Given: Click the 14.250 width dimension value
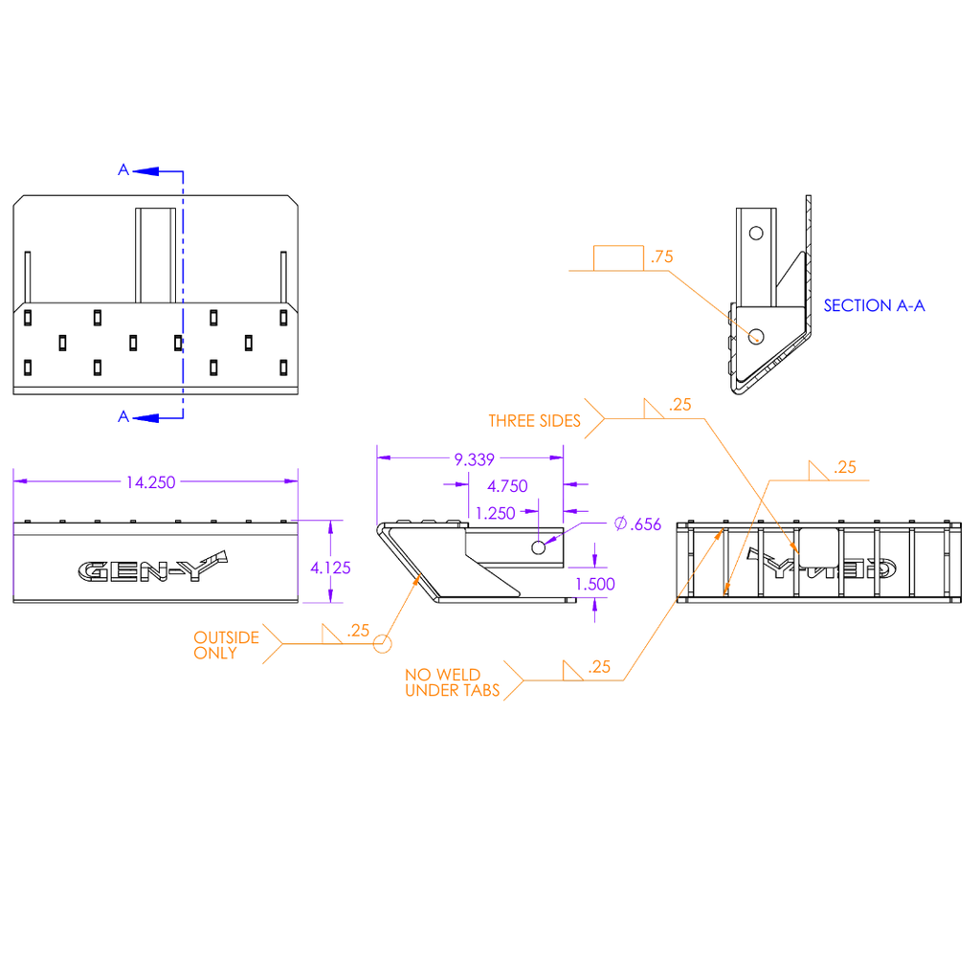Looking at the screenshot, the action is point(150,482).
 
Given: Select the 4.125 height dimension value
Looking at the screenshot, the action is point(330,568).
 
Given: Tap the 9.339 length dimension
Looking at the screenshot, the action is point(475,460).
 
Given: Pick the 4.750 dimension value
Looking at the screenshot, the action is point(507,486).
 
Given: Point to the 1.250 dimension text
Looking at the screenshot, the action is point(496,514).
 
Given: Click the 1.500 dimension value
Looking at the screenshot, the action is point(595,585).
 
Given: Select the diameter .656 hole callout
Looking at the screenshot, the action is point(637,524).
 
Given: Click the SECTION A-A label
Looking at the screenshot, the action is point(875,305).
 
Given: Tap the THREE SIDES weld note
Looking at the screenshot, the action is point(534,421).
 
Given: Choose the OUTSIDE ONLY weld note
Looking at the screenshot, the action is point(226,646).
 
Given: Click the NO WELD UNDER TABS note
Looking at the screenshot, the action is point(453,682).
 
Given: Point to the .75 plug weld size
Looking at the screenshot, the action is point(662,256).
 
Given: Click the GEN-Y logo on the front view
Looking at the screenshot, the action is point(152,567).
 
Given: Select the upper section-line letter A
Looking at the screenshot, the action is point(123,170).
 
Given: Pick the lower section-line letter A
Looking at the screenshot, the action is point(123,417).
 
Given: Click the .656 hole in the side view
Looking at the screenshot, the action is point(538,548).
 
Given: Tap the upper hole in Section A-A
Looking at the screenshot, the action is point(756,234).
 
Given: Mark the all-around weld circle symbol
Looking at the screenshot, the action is point(383,644).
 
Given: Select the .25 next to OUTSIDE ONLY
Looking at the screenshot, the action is point(358,631).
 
